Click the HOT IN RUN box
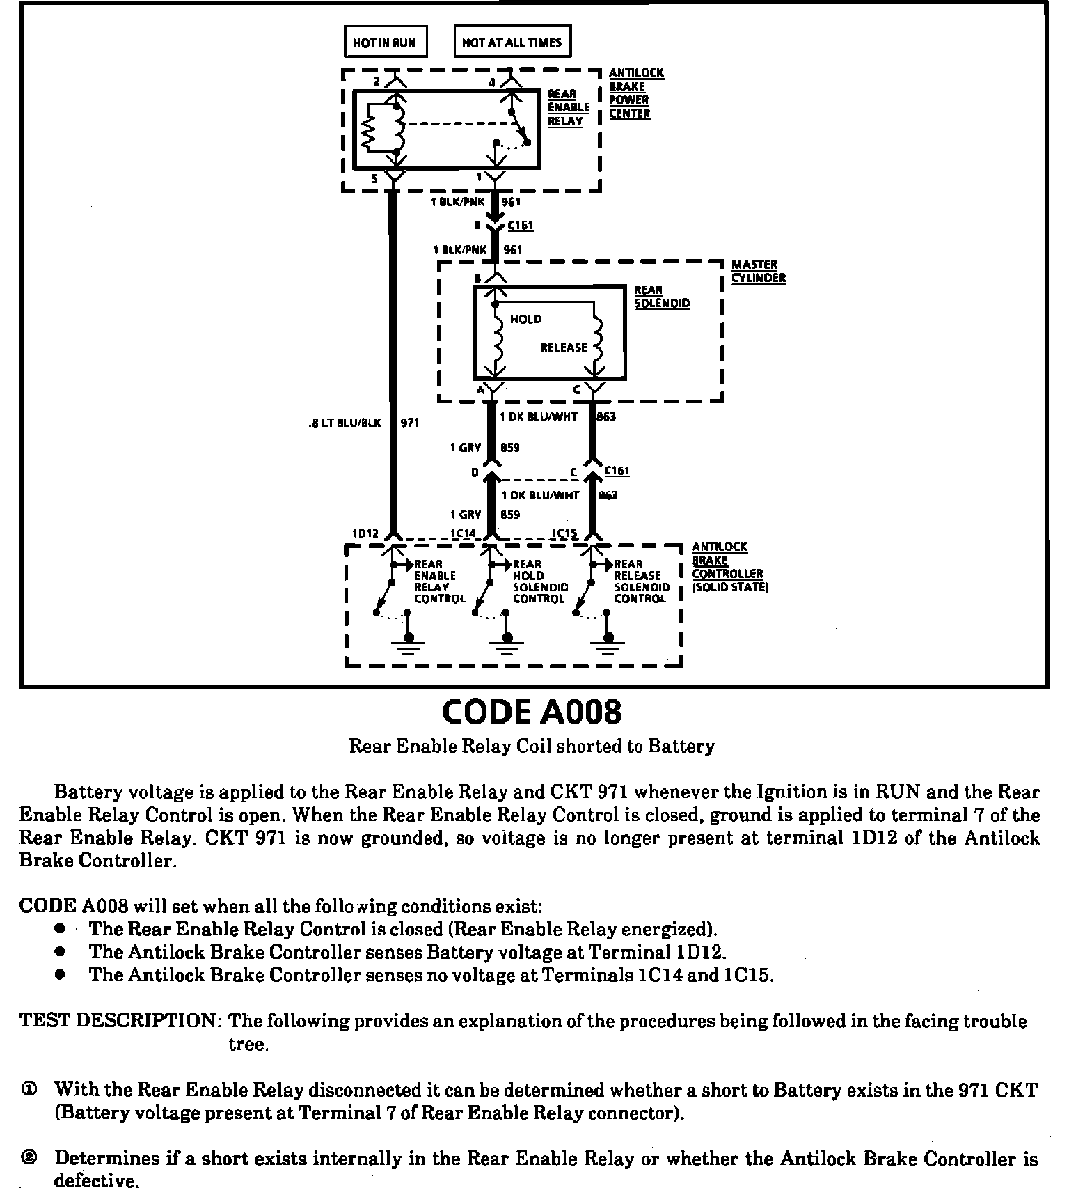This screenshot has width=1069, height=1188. coord(385,42)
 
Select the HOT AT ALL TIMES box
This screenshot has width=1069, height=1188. coord(512,42)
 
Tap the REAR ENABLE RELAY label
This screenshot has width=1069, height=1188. coord(568,107)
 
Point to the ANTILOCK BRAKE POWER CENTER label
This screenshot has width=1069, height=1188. coord(636,93)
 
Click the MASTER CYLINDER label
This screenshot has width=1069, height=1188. coord(758,271)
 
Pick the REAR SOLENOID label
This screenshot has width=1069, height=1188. coord(661,297)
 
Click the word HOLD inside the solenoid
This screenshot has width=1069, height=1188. coord(525,319)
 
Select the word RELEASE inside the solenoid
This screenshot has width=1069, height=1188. coord(564,347)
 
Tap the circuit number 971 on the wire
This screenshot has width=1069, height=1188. coord(410,423)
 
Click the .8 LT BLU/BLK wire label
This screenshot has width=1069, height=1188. coord(345,423)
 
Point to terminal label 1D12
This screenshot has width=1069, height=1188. coord(365,533)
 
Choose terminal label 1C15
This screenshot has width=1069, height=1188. coord(564,533)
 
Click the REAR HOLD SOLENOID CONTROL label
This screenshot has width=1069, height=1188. coord(540,581)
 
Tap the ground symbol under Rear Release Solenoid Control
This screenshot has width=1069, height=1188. coord(608,645)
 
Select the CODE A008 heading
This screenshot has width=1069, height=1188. coord(532,712)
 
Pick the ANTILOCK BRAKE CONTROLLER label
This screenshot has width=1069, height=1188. coord(728,567)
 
